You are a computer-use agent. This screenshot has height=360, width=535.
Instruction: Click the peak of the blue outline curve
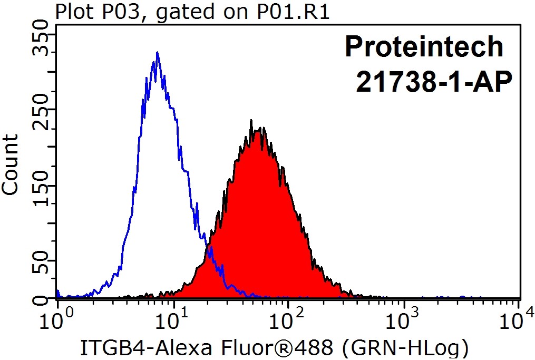[x=157, y=53]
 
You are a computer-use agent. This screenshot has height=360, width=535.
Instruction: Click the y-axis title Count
[x=12, y=164]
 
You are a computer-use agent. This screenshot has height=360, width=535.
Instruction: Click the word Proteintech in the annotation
[x=424, y=47]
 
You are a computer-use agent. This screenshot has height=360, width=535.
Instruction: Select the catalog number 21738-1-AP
[x=434, y=83]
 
